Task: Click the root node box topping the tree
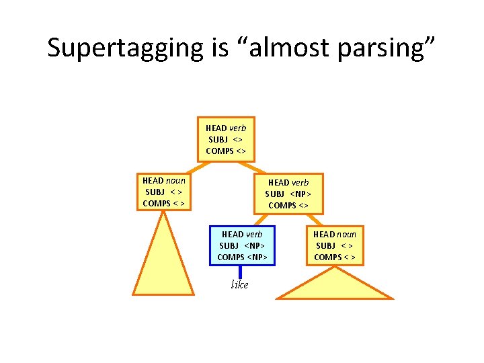[x=226, y=139]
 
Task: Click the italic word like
[x=239, y=285]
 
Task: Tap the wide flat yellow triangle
[x=335, y=286]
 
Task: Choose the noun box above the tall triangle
[x=163, y=192]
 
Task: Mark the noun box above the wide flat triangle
[x=334, y=245]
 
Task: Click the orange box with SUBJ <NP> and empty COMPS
[x=288, y=194]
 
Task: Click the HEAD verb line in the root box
[x=226, y=128]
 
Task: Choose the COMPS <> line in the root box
[x=226, y=151]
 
